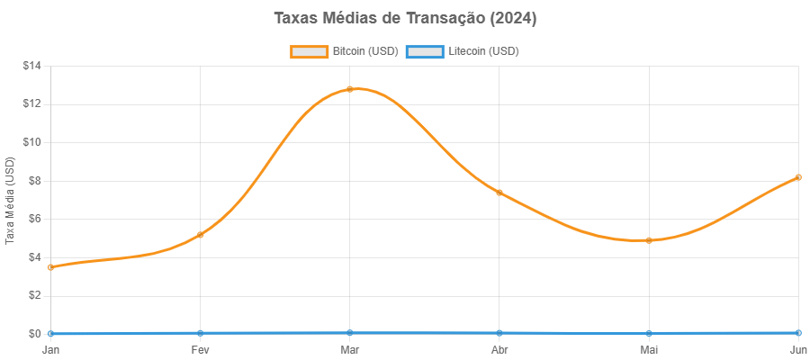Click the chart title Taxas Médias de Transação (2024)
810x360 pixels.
[405, 19]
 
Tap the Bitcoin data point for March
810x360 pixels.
[349, 89]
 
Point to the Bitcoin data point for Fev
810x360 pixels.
[200, 234]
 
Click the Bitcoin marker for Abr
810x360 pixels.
[499, 193]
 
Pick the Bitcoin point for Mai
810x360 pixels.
[648, 240]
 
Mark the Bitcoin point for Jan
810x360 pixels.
[50, 267]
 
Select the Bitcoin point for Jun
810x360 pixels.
[797, 177]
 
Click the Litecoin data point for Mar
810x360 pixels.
[349, 333]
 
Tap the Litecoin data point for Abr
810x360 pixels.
[499, 333]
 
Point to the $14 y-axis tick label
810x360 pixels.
[31, 66]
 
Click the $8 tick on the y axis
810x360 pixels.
[34, 180]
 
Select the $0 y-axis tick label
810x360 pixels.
[34, 333]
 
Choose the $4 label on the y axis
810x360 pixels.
[34, 256]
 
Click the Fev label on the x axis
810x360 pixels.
[200, 348]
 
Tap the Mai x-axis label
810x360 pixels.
[648, 348]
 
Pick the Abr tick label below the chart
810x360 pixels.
[499, 348]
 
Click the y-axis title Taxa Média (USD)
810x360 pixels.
[11, 200]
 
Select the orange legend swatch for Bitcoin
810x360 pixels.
[309, 51]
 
